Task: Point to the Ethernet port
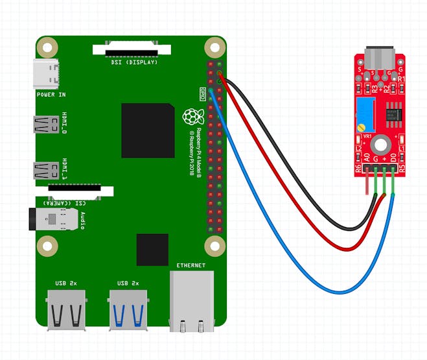[x=191, y=302]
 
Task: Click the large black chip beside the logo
[x=147, y=130]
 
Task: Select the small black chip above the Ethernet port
[x=152, y=250]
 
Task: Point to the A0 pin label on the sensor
[x=367, y=157]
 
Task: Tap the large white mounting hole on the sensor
[x=381, y=143]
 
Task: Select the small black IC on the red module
[x=392, y=114]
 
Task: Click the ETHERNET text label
[x=190, y=265]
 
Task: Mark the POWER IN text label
[x=51, y=95]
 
